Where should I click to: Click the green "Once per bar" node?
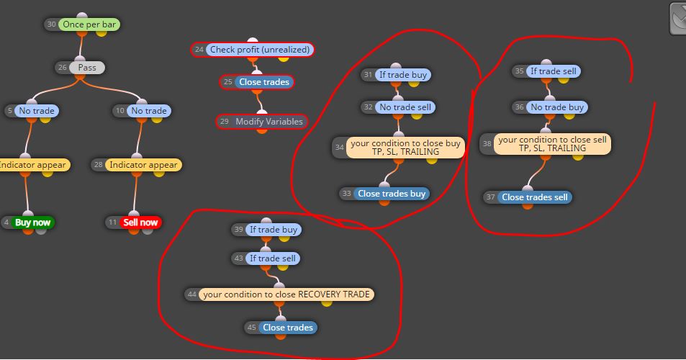tap(89, 24)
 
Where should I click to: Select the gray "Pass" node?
tap(86, 68)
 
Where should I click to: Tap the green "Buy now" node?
tap(32, 222)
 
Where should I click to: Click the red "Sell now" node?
tap(140, 222)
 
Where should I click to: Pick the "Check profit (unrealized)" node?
tap(259, 50)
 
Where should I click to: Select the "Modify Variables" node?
tap(269, 122)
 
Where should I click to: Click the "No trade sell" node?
tap(405, 107)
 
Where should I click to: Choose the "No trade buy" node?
tap(557, 107)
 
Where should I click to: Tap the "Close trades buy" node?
tap(392, 194)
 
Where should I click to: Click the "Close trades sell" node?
tap(534, 197)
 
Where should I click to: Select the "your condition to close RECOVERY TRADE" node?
tap(286, 294)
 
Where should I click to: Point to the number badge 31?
tap(368, 75)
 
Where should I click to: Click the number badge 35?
tap(519, 71)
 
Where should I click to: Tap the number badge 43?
tap(238, 258)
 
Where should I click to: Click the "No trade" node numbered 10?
tap(149, 111)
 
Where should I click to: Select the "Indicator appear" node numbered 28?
tap(143, 165)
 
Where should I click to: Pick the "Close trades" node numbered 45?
tap(287, 328)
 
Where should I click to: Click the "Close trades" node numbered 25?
tap(263, 82)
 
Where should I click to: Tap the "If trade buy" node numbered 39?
tap(273, 230)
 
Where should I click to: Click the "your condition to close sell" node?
tap(552, 144)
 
